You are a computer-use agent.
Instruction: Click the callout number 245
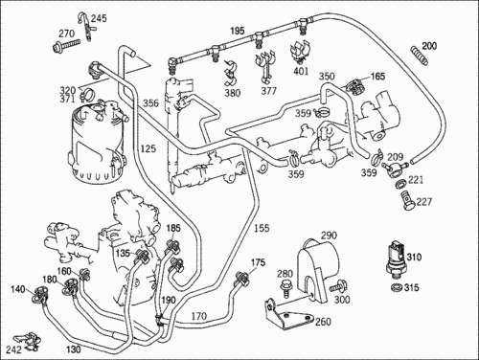(x=99, y=18)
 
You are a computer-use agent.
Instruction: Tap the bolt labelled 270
(x=66, y=45)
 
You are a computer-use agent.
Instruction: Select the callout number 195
(x=238, y=31)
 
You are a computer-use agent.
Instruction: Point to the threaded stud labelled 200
(x=419, y=56)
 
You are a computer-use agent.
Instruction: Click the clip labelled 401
(x=300, y=52)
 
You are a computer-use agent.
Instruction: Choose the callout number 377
(x=268, y=91)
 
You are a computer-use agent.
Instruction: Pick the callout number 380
(x=233, y=93)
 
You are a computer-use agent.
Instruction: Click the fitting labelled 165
(x=355, y=85)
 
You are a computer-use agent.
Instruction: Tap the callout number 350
(x=327, y=77)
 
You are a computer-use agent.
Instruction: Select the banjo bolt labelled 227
(x=406, y=200)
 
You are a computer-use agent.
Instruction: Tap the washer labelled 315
(x=397, y=287)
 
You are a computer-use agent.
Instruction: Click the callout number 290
(x=329, y=236)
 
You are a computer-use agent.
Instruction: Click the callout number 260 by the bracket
(x=323, y=322)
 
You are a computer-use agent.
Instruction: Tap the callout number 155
(x=262, y=228)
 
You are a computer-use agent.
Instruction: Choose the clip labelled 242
(x=27, y=341)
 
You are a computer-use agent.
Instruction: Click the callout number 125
(x=148, y=148)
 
